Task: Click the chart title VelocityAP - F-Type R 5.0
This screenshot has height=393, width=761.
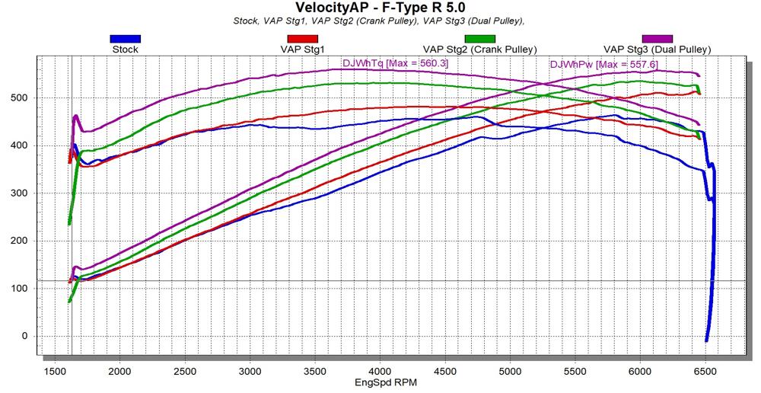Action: pos(380,8)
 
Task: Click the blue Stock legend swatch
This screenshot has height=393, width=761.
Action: pos(125,38)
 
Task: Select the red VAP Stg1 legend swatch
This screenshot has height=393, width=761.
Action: pos(301,38)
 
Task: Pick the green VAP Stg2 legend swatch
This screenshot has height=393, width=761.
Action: pos(479,38)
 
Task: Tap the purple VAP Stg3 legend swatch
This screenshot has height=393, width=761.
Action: pos(657,38)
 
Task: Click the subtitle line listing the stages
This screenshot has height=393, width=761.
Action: pos(380,21)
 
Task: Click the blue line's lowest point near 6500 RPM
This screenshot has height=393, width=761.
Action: pos(706,340)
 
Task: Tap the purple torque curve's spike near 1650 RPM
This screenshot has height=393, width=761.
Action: pos(76,117)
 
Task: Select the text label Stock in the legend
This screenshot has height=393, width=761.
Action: pos(125,50)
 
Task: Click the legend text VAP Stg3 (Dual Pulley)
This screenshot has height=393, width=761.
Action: pos(657,50)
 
